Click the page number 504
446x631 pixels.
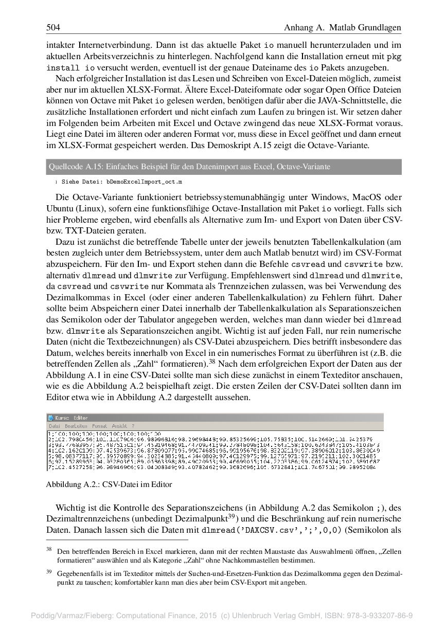(53, 27)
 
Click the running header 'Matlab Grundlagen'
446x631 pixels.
(365, 27)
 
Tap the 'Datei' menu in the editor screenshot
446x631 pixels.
(55, 426)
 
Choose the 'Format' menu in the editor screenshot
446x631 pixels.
(100, 426)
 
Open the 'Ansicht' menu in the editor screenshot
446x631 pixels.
(119, 426)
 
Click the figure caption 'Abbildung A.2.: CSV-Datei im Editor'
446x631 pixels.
(109, 484)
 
